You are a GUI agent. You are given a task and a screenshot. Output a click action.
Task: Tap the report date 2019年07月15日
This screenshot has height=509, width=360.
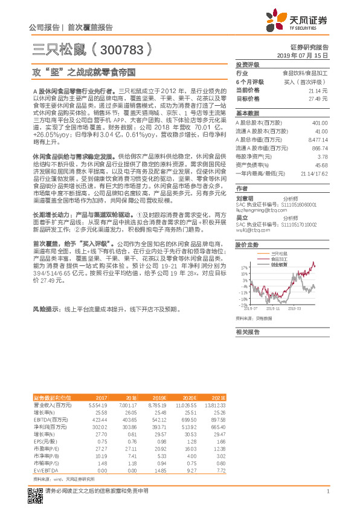[x=306, y=55]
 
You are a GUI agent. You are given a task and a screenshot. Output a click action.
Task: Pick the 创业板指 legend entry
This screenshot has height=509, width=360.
[x=279, y=264]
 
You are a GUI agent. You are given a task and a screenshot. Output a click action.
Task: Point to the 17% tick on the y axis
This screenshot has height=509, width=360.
[x=243, y=267]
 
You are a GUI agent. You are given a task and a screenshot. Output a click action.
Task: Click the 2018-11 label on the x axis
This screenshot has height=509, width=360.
[x=274, y=308]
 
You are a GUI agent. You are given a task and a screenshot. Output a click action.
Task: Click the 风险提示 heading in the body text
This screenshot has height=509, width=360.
[x=45, y=309]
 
